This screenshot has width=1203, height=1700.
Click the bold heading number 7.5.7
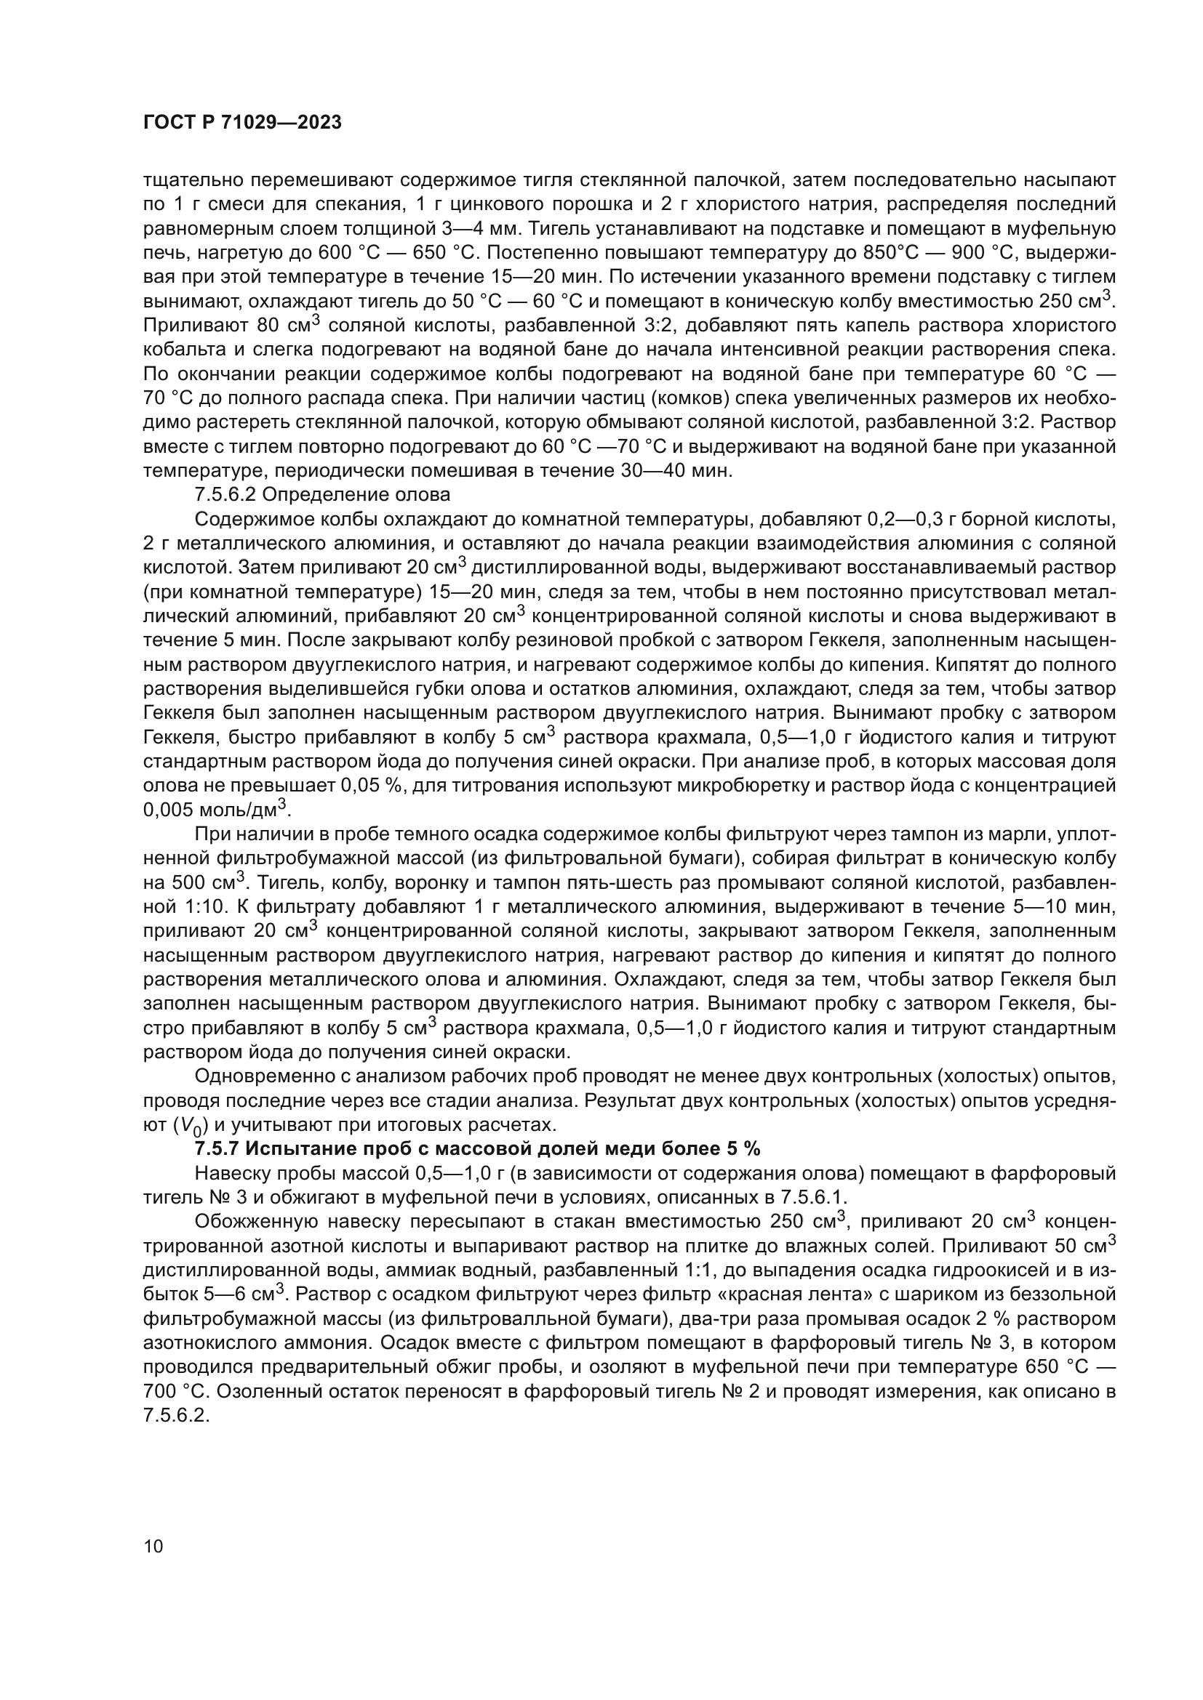click(216, 1148)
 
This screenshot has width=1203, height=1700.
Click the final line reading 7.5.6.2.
click(173, 1415)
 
